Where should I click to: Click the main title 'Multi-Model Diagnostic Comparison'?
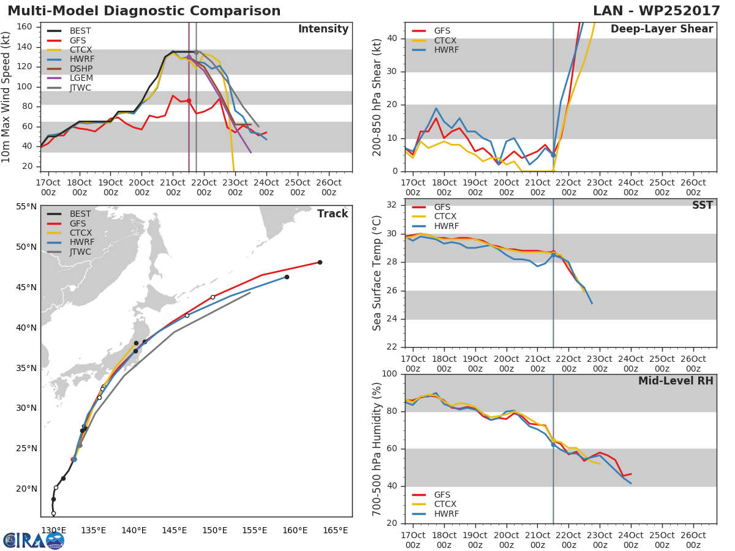tap(144, 11)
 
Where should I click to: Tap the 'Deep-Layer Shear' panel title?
tap(661, 29)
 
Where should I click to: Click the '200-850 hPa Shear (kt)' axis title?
tap(377, 97)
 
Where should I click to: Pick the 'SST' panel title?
tap(702, 205)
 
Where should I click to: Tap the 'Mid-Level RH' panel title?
tap(676, 381)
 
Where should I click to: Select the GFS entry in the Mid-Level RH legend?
tap(442, 495)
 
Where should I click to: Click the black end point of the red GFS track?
tap(320, 263)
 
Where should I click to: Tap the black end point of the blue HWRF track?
tap(287, 277)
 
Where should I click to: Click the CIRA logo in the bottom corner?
tap(34, 539)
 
